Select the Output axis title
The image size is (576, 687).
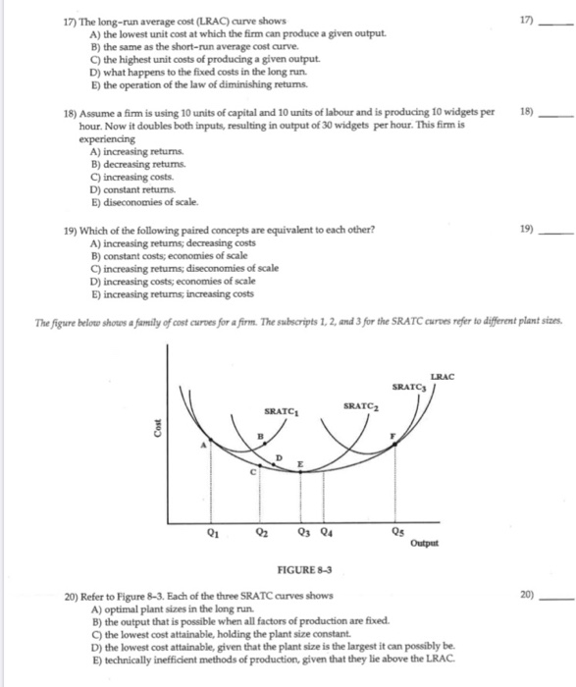tap(426, 545)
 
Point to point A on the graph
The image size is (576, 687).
tap(205, 445)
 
